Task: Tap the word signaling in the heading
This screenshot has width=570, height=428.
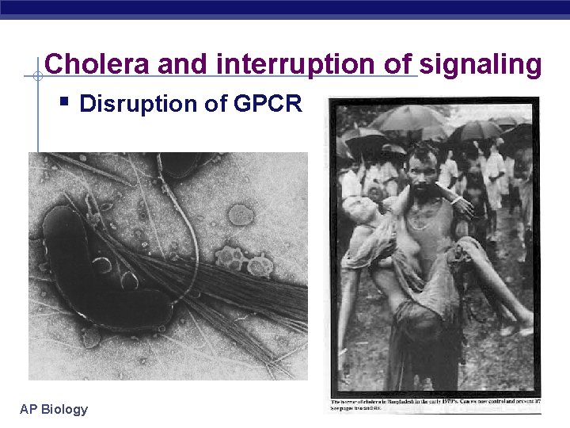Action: [x=481, y=64]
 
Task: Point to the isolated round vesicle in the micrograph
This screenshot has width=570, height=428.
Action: [x=240, y=214]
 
